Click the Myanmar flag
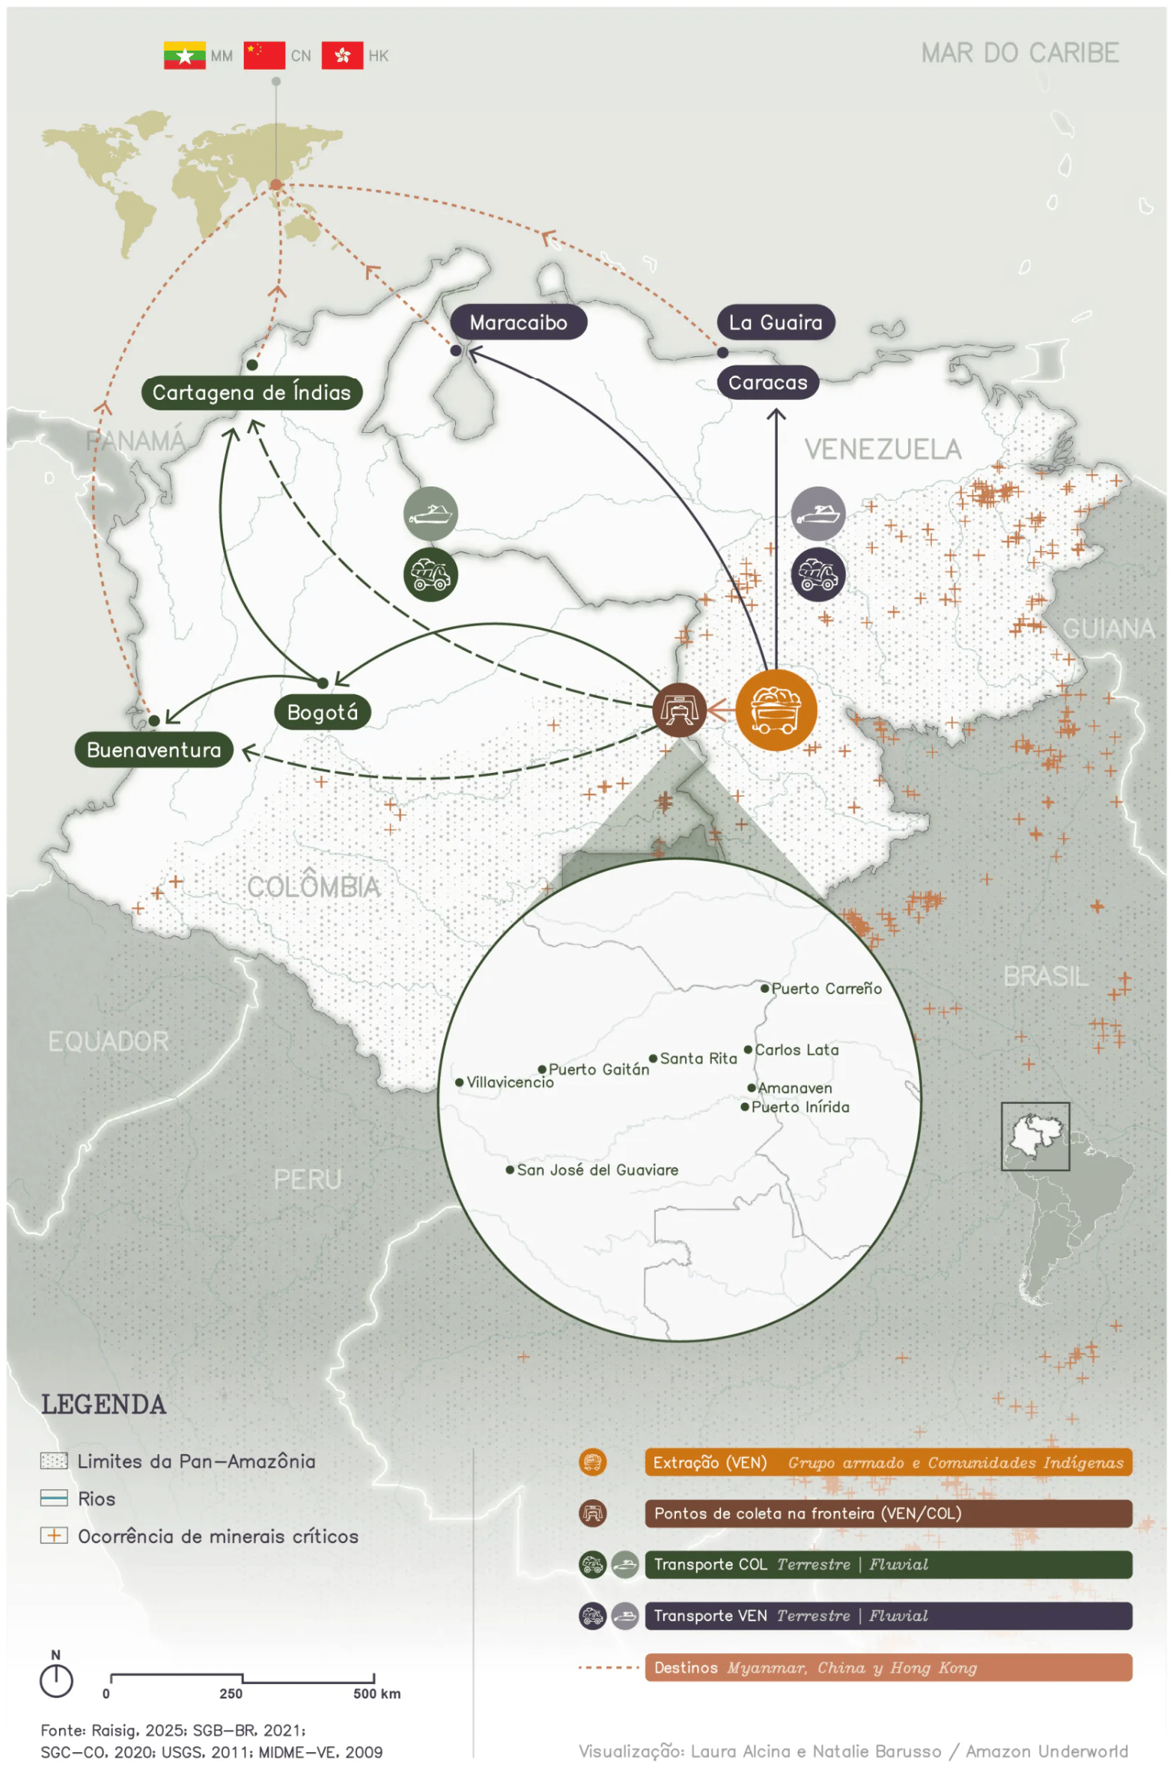(x=184, y=55)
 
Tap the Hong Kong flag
(x=342, y=55)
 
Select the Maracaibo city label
(x=518, y=323)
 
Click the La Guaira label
(x=775, y=323)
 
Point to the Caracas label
(x=767, y=382)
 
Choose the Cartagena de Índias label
(x=251, y=393)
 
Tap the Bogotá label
(x=322, y=713)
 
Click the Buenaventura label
(x=154, y=750)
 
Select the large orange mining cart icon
(x=776, y=709)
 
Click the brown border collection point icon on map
(x=678, y=709)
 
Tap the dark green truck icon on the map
(x=431, y=574)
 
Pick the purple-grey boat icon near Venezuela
(x=818, y=513)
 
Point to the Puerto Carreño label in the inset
(x=825, y=988)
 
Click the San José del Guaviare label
(x=596, y=1170)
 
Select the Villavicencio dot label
(x=509, y=1083)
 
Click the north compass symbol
(x=56, y=1679)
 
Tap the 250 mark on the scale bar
(x=231, y=1694)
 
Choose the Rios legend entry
(x=96, y=1499)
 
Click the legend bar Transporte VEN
(x=887, y=1616)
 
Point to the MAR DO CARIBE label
(x=1019, y=53)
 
